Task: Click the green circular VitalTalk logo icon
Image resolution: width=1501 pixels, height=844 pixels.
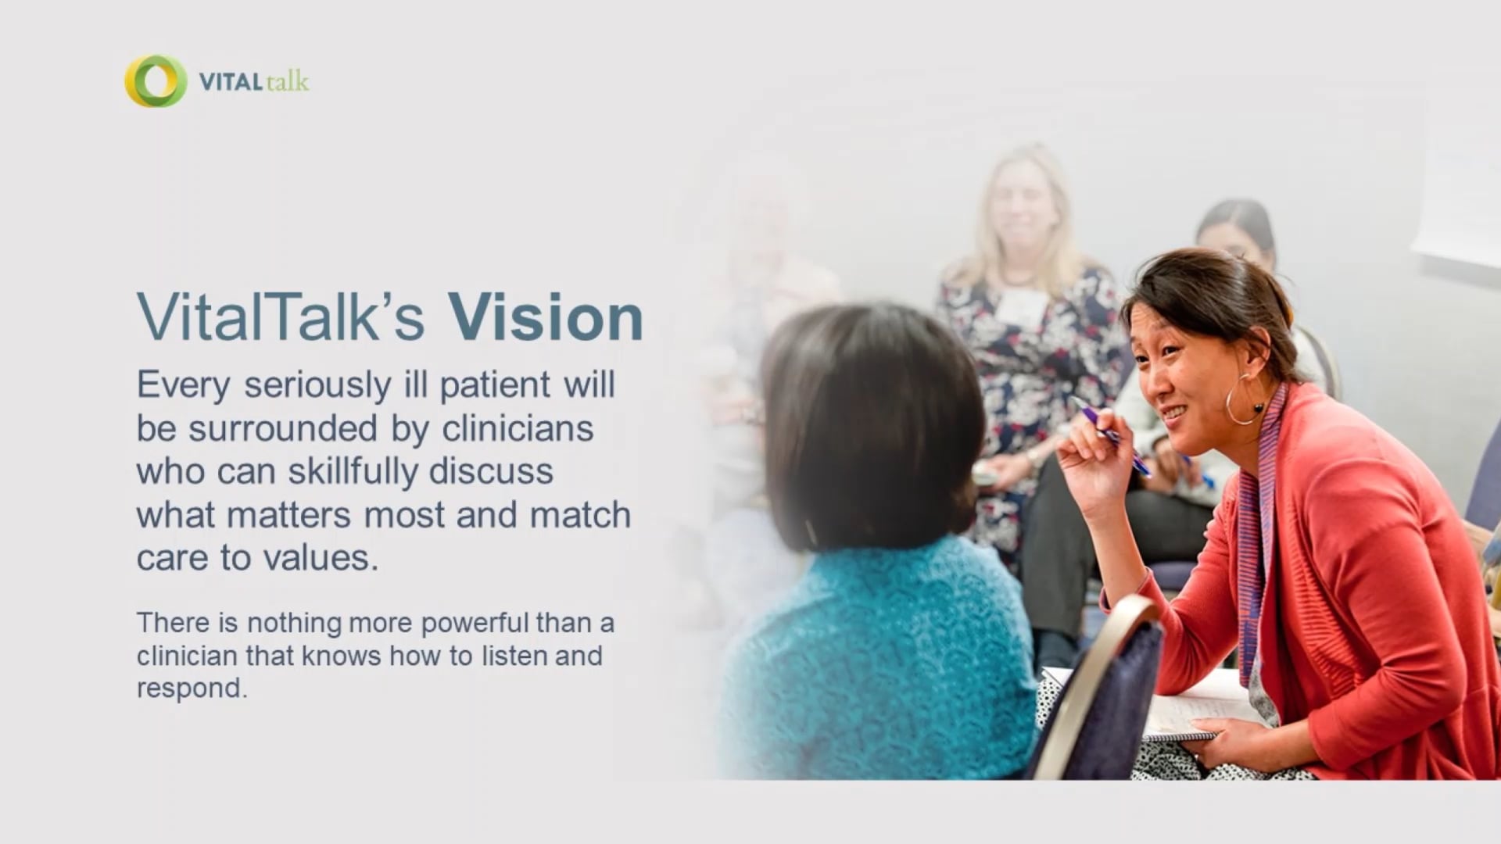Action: click(x=156, y=80)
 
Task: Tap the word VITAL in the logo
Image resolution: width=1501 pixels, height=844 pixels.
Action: click(x=230, y=81)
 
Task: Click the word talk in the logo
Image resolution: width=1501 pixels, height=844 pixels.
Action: click(x=287, y=81)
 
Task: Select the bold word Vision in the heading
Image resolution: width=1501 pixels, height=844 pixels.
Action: click(x=545, y=317)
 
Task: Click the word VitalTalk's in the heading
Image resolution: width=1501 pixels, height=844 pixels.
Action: click(x=280, y=317)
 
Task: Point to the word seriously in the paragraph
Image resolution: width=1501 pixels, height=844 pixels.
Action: click(x=317, y=385)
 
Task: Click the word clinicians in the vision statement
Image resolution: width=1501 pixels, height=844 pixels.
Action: click(x=518, y=429)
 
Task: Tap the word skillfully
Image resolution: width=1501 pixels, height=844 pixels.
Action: click(x=353, y=472)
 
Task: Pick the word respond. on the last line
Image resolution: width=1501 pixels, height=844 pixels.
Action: click(x=192, y=688)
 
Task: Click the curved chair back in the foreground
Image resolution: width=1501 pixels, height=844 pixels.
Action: click(x=1094, y=688)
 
